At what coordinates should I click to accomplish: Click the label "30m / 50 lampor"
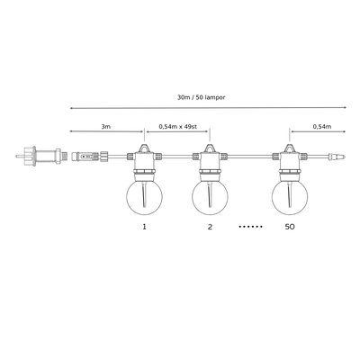(201, 97)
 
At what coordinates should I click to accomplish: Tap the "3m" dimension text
(106, 127)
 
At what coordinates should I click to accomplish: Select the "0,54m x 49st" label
(178, 127)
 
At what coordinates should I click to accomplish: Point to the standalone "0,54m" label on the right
(322, 127)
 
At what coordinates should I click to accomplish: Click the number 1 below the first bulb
(144, 227)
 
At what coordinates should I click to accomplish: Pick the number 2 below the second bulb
(210, 227)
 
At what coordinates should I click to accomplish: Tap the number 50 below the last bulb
(290, 227)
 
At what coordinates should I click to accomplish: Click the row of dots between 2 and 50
(250, 227)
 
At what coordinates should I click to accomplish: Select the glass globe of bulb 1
(144, 197)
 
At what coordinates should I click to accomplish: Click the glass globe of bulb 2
(210, 197)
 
